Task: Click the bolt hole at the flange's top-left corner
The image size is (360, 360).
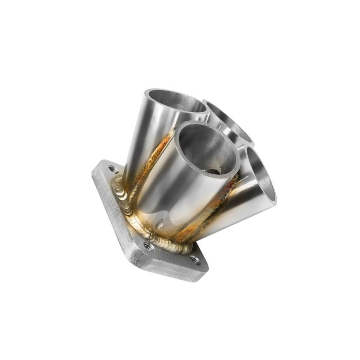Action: (113, 169)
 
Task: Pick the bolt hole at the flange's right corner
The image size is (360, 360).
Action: (195, 260)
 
